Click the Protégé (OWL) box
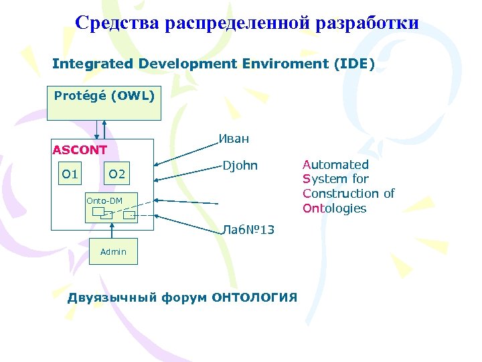tap(104, 103)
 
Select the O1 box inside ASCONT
tap(70, 175)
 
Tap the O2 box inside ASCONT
tap(117, 175)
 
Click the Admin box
tap(113, 251)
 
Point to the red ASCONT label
tap(80, 150)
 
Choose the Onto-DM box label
tap(104, 200)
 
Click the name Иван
tap(234, 139)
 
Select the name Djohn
tap(240, 165)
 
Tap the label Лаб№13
tap(248, 231)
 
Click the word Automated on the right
tap(335, 164)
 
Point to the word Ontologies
tap(334, 208)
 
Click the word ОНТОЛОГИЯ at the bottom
tap(254, 298)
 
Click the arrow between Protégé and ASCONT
tap(101, 129)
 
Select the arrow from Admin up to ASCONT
tap(113, 234)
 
